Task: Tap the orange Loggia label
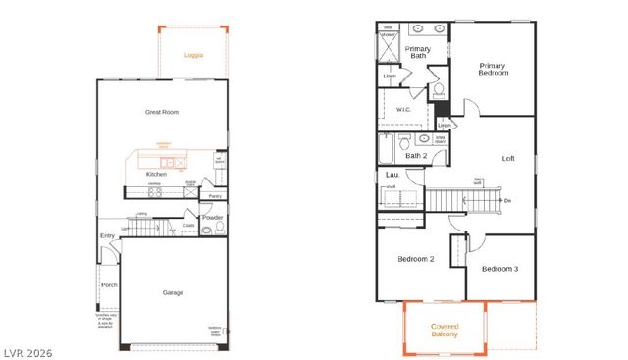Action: pyautogui.click(x=194, y=56)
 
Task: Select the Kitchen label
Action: pyautogui.click(x=156, y=175)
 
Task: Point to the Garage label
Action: pyautogui.click(x=173, y=291)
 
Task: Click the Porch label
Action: pyautogui.click(x=108, y=285)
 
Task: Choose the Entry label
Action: pyautogui.click(x=107, y=235)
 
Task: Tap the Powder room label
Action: pyautogui.click(x=213, y=218)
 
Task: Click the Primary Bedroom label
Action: pyautogui.click(x=493, y=70)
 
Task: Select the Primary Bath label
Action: pyautogui.click(x=418, y=52)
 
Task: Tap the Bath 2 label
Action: pyautogui.click(x=416, y=155)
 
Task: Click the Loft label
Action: pyautogui.click(x=508, y=158)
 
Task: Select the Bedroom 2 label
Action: pyautogui.click(x=415, y=259)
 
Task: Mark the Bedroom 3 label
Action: pyautogui.click(x=499, y=269)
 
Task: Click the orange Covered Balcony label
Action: pyautogui.click(x=445, y=330)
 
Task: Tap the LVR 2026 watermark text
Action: pyautogui.click(x=26, y=352)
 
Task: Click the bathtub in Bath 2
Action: pyautogui.click(x=387, y=150)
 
